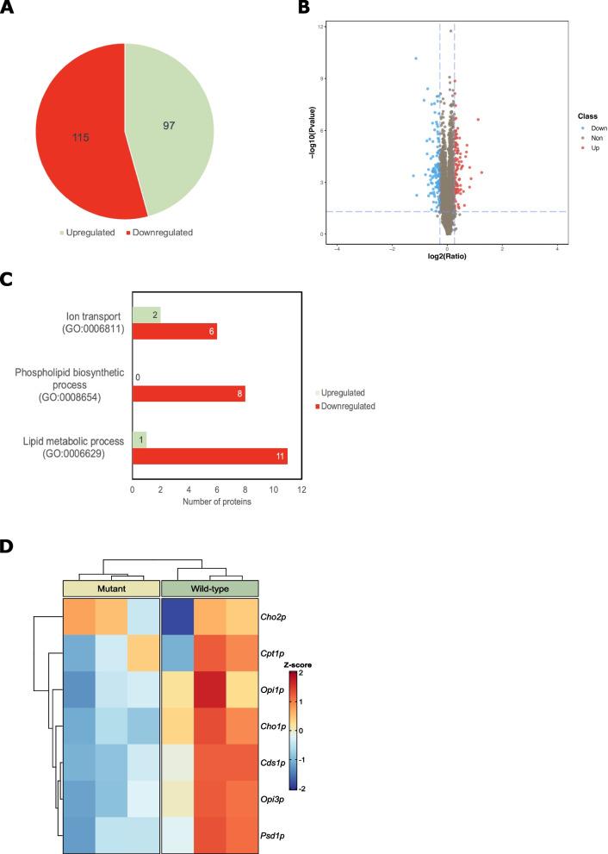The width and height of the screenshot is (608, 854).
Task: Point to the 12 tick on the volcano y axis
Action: (319, 27)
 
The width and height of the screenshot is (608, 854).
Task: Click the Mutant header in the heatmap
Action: (111, 588)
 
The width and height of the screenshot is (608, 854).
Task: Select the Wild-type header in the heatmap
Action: (211, 588)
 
